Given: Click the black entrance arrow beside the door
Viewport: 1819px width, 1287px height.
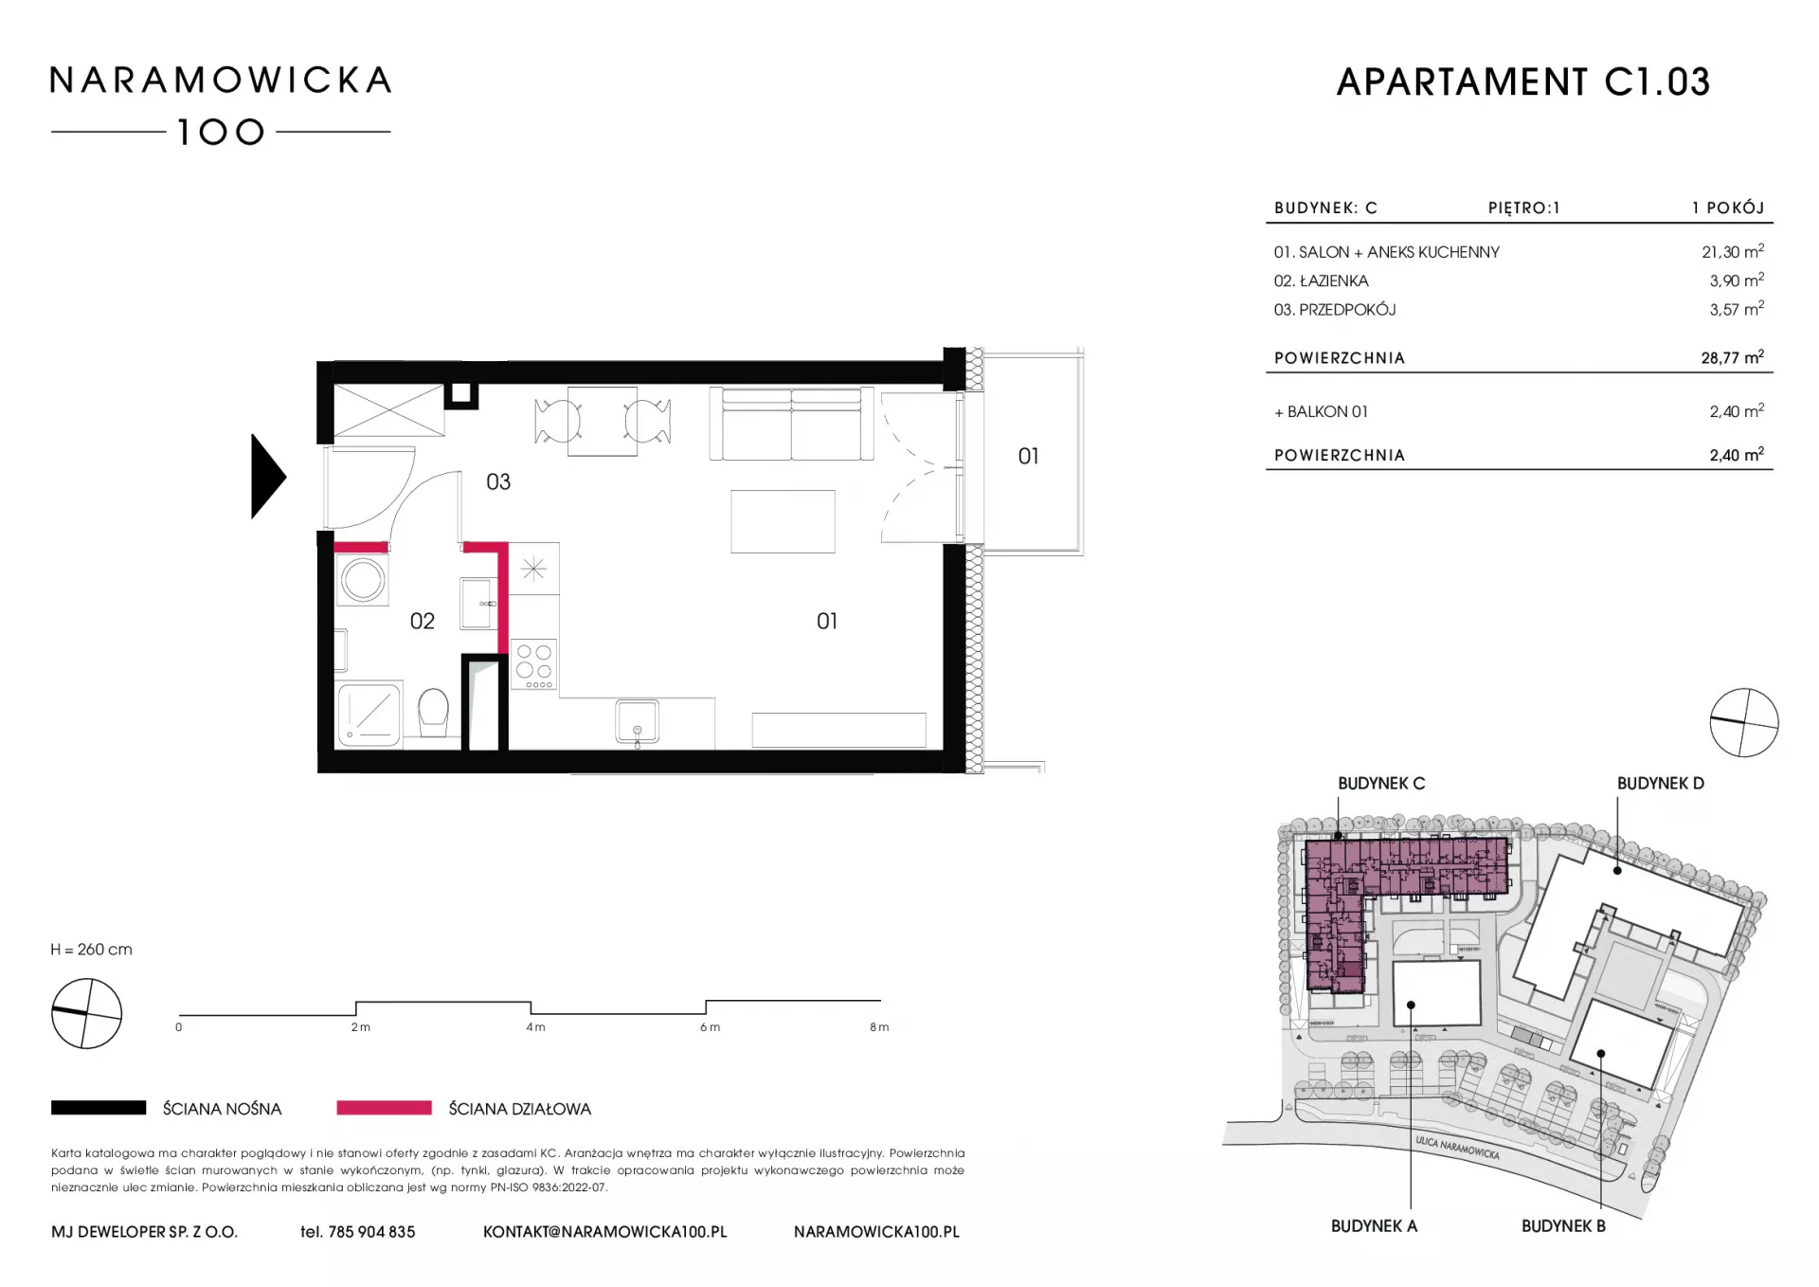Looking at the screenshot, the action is click(x=266, y=477).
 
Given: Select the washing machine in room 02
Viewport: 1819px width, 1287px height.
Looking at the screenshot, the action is click(x=363, y=578).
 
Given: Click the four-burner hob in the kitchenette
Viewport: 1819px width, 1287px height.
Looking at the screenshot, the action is click(x=534, y=663).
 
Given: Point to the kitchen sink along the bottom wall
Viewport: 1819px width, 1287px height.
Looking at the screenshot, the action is click(x=637, y=723).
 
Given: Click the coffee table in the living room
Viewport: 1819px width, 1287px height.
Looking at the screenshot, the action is click(x=783, y=521).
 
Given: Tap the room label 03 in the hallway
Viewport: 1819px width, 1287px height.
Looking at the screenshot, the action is click(x=498, y=482).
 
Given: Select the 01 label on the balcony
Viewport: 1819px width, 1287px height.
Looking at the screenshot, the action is click(x=1028, y=457).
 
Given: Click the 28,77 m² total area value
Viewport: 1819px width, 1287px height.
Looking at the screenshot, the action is click(x=1732, y=357).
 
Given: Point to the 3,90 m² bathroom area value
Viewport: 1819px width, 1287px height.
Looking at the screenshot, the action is click(x=1737, y=281).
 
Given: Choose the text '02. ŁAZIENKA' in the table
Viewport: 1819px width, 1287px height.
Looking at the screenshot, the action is click(x=1321, y=281).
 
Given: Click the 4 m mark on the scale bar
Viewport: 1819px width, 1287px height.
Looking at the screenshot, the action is click(x=535, y=1027).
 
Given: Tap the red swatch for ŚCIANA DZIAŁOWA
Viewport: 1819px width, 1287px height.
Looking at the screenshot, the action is click(x=384, y=1108).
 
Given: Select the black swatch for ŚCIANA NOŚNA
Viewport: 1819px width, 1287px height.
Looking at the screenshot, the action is click(x=99, y=1108).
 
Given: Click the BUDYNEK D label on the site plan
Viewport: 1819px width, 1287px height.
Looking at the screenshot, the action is click(x=1660, y=784).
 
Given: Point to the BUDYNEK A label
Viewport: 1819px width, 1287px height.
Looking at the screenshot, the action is click(x=1374, y=1226).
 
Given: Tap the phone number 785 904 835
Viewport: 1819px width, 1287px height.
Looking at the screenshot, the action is click(x=371, y=1232).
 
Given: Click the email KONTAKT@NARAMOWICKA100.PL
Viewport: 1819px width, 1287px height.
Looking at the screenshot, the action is click(x=604, y=1232).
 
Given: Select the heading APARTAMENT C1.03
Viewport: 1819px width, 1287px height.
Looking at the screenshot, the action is click(x=1523, y=82).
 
